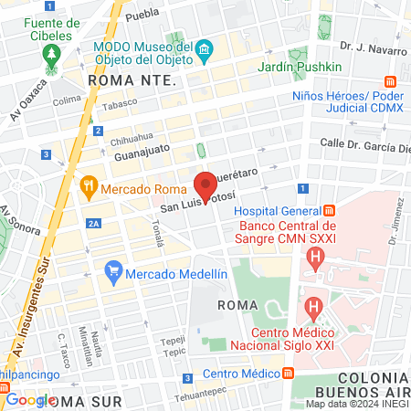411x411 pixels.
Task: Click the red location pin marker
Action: pos(205,186)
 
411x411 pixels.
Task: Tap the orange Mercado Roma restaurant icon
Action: pos(89,188)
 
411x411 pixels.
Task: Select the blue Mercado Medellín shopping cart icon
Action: pos(113,269)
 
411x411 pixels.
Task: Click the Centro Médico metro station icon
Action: pos(289,374)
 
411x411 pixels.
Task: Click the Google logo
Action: pos(29,399)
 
